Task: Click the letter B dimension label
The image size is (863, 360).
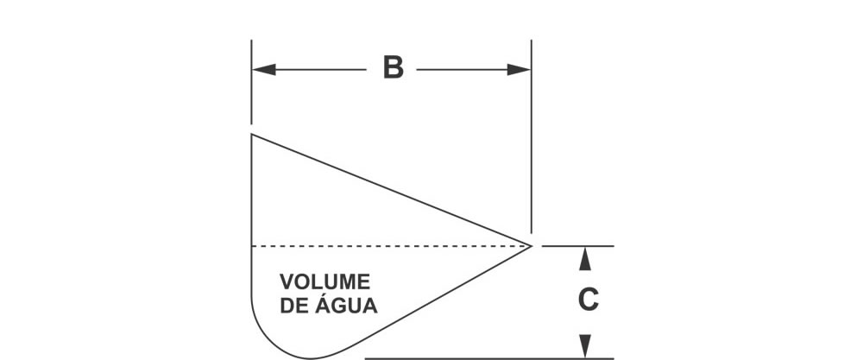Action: pos(393,68)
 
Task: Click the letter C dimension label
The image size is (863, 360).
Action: pos(588,300)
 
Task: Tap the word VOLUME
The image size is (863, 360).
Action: pos(325,282)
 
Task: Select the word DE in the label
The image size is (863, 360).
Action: pos(296,306)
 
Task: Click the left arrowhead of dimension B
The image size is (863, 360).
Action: pos(262,69)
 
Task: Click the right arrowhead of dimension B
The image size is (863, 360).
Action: pos(520,69)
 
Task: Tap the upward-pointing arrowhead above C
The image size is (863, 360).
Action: pos(586,256)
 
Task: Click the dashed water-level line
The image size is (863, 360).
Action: pos(388,246)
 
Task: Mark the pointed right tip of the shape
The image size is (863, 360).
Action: pos(530,246)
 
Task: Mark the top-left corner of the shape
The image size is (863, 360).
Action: pos(251,135)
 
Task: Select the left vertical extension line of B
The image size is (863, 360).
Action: pos(251,95)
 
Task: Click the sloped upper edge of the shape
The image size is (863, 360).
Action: pos(388,189)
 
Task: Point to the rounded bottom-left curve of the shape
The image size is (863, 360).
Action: pos(268,337)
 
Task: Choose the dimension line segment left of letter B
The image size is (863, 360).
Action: pos(319,69)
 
